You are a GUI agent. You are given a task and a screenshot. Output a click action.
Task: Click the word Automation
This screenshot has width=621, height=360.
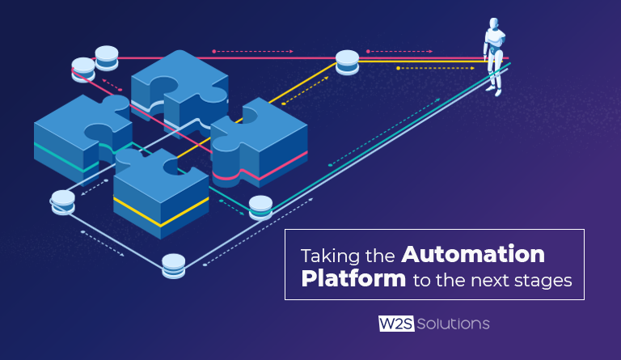point(473,255)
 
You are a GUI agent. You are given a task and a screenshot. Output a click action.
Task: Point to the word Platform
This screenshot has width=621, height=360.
point(353,280)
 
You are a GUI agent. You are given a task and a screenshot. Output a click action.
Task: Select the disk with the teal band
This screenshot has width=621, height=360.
point(260,207)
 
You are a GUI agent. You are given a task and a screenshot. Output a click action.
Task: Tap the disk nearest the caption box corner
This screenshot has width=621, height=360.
point(174,265)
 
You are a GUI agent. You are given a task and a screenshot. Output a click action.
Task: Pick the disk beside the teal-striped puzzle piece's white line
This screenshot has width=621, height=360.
point(63,201)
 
